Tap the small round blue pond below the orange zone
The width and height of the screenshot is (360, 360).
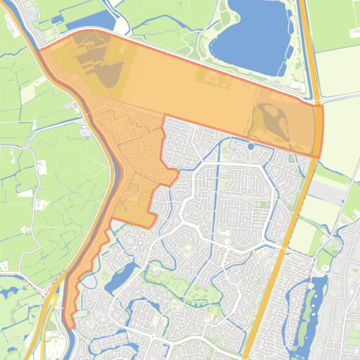coord(251,146)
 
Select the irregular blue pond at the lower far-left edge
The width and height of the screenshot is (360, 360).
coord(9,295)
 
